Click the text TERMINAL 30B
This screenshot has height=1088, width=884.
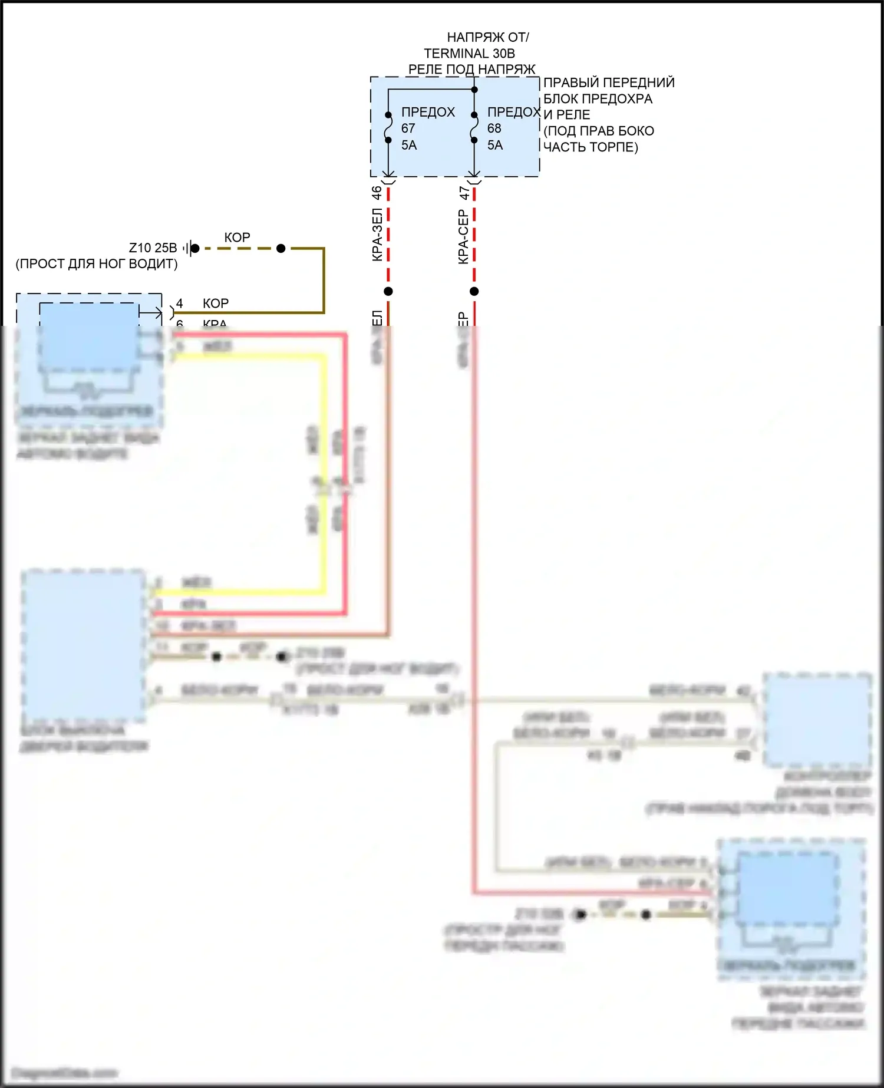(x=469, y=53)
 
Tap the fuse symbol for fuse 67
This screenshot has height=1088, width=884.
(x=388, y=127)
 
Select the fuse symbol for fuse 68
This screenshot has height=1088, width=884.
(x=474, y=127)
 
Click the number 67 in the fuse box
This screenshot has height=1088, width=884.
(x=408, y=128)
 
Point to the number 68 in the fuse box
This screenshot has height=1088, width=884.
(x=494, y=128)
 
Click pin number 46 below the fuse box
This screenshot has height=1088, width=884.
(x=377, y=193)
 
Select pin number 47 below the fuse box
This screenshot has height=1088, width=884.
(x=463, y=193)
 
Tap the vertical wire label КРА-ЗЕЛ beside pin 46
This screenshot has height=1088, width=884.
(x=377, y=235)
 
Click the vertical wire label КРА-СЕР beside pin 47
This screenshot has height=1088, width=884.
(x=463, y=236)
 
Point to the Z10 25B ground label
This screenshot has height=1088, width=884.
(x=153, y=248)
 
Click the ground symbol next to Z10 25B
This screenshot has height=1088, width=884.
(x=188, y=248)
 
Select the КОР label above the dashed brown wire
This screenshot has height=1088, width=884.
(x=238, y=237)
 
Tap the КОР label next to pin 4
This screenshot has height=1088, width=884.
(x=216, y=303)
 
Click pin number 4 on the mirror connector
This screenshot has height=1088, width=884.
(x=180, y=303)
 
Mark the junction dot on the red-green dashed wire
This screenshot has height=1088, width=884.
(x=388, y=291)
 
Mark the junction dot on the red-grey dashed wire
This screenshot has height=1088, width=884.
(x=474, y=291)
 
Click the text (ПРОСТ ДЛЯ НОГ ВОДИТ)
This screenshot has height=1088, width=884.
(x=97, y=263)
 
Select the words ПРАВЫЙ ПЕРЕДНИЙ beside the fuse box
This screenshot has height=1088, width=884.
(x=609, y=83)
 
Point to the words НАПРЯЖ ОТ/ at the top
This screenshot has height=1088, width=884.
(x=488, y=37)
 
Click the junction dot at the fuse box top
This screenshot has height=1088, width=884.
(x=474, y=90)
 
